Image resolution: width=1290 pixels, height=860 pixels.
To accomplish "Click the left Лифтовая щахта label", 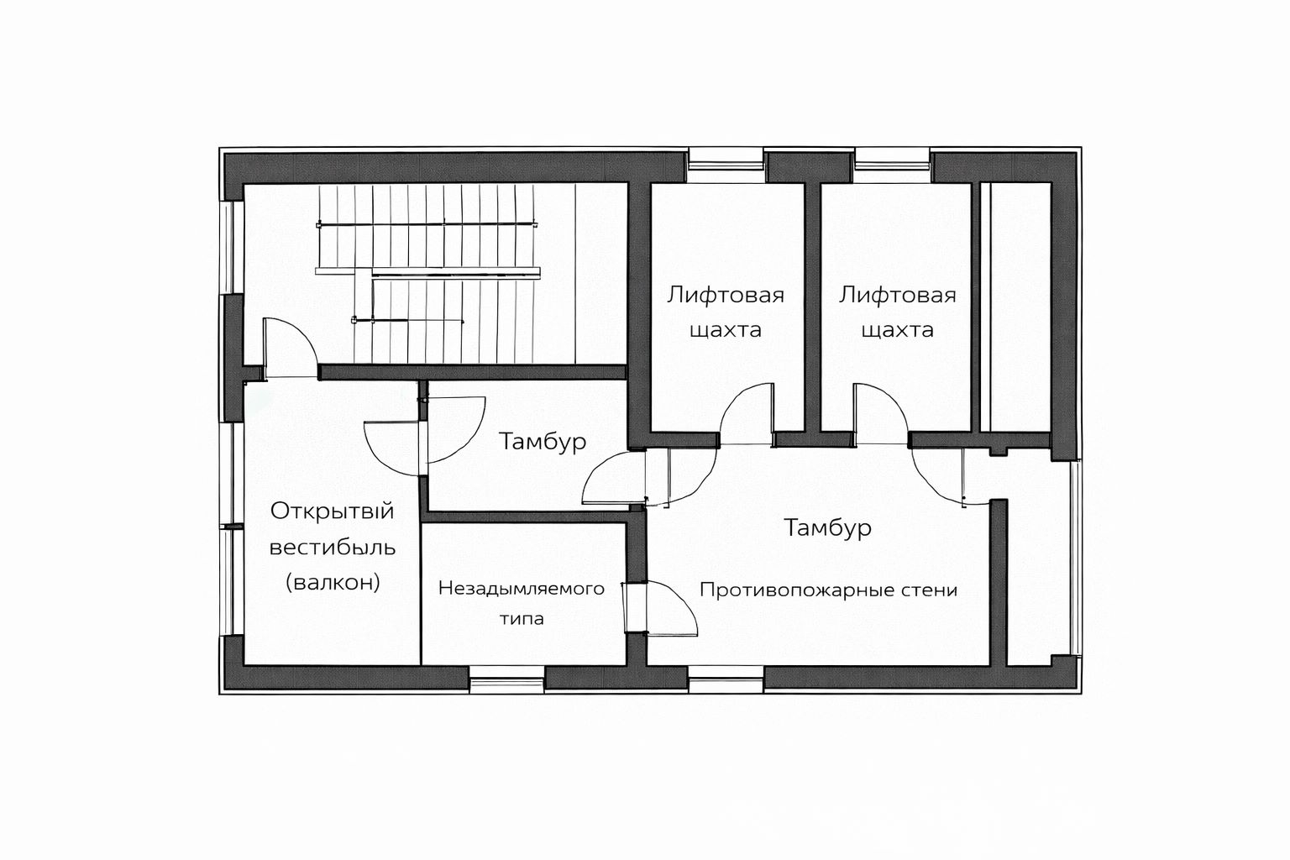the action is [726, 312].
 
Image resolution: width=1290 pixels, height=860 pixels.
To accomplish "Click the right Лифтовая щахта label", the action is [897, 312].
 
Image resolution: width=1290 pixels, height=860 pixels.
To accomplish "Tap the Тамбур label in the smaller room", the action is [543, 442].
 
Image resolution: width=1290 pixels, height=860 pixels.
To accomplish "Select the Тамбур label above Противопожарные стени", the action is [827, 527].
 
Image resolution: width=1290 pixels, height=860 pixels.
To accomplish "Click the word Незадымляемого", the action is [522, 589].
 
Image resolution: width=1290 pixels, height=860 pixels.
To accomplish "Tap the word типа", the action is [522, 619].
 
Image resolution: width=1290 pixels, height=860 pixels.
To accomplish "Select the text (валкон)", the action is [333, 583].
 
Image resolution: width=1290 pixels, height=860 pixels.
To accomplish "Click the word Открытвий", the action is [333, 511].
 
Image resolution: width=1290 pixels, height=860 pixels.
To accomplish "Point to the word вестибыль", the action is [333, 548].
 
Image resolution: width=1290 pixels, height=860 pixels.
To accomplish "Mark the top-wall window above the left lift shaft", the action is [726, 165].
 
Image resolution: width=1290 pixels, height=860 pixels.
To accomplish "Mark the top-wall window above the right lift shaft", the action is [891, 165].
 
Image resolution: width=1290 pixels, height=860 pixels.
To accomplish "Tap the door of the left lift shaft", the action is [746, 413].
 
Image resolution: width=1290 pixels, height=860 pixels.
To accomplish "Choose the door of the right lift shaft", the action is [881, 413].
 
